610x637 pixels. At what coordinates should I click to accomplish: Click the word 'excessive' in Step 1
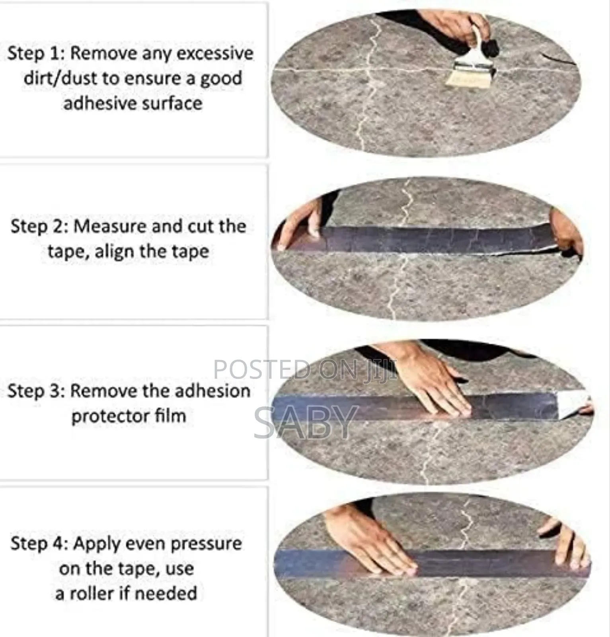click(215, 53)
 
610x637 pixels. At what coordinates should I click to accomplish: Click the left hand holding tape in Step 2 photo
click(300, 225)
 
